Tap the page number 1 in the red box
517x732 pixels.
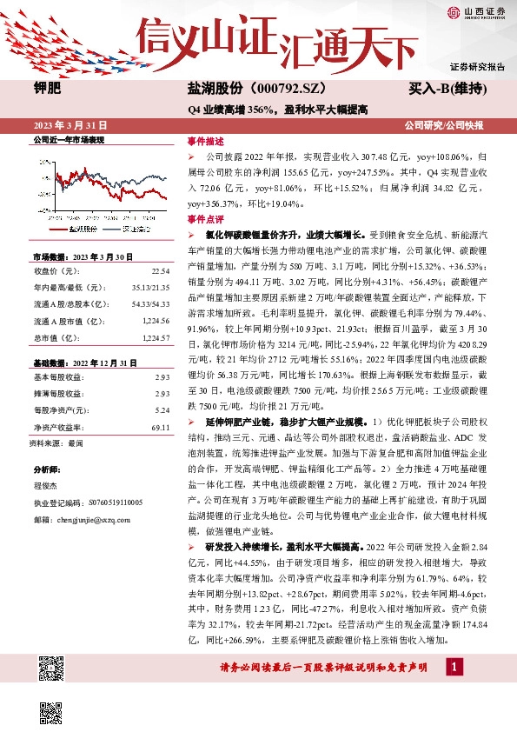454,667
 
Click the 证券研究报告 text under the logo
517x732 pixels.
477,66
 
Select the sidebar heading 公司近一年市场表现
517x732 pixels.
68,139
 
